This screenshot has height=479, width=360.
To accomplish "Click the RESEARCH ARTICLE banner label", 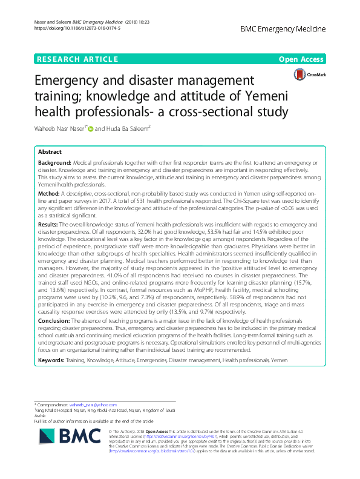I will [x=77, y=59].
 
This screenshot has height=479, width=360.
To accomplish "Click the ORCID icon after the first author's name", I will [x=91, y=128].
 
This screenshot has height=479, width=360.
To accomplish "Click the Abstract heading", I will [x=50, y=152].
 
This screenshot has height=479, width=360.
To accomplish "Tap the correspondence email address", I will [x=93, y=404].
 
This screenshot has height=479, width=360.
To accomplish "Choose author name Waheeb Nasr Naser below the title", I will [x=60, y=128].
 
